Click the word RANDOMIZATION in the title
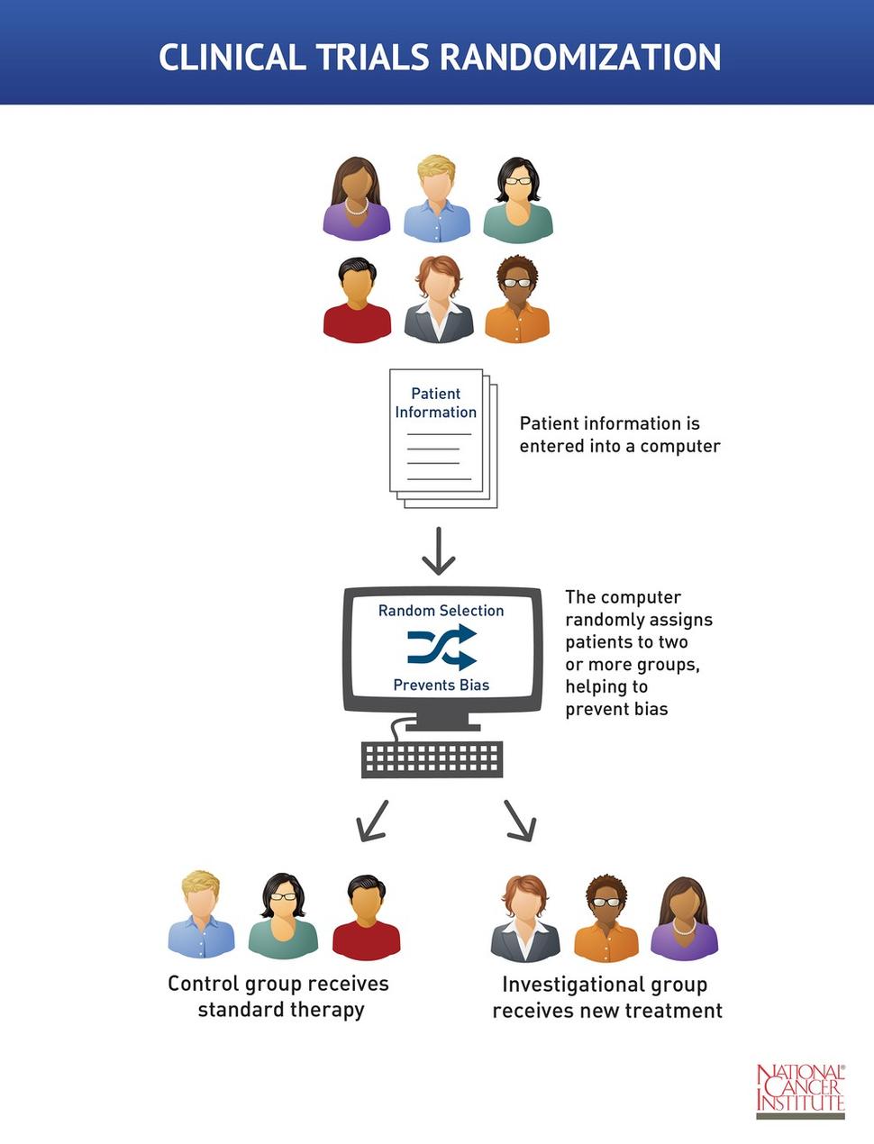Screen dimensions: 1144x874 pos(580,58)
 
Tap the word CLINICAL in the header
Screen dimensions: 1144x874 pos(232,58)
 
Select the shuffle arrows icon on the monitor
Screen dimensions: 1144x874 pos(442,647)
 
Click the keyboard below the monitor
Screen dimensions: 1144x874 pos(432,758)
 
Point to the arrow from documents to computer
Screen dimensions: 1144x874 pos(439,550)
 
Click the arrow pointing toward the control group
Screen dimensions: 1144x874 pos(373,820)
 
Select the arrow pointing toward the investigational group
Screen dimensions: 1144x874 pos(520,820)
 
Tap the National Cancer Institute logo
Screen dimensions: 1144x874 pos(800,1090)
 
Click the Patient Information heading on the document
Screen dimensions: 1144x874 pos(436,403)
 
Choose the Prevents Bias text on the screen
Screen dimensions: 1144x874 pos(442,685)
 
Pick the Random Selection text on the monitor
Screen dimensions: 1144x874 pos(442,611)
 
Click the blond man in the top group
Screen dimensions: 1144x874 pos(437,199)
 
